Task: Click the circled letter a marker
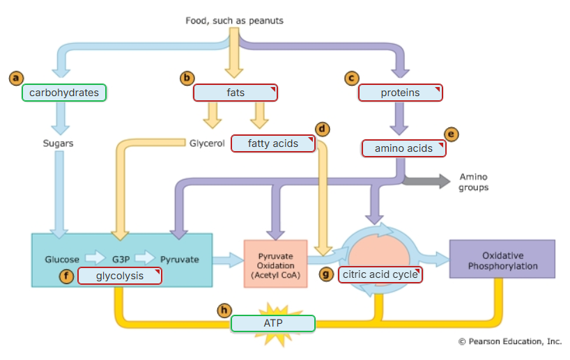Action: pos(15,78)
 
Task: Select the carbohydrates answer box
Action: pos(64,93)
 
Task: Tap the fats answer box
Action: pos(236,93)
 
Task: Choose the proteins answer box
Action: pos(400,93)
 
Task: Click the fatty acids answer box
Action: pos(272,143)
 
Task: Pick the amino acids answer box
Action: pos(403,148)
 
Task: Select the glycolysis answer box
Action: pos(119,276)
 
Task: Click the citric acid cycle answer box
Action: pos(380,274)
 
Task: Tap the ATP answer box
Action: pos(272,323)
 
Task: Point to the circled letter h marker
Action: pos(224,310)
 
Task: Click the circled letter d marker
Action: pos(321,129)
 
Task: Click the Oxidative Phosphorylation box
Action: pos(502,261)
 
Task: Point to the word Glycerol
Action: pos(207,143)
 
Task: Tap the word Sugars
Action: pos(58,143)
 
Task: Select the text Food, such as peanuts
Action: pos(234,21)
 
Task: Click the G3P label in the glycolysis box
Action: pos(121,260)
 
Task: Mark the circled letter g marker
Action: pos(326,274)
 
